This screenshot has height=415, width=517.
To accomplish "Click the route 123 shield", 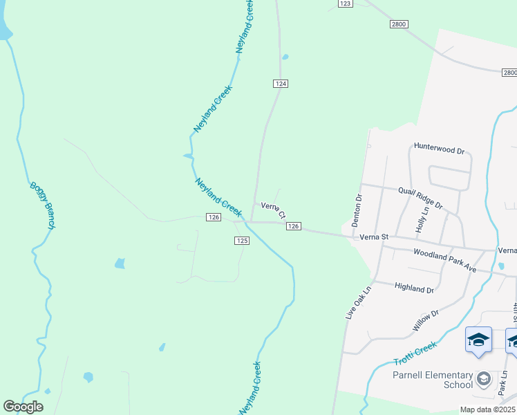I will click(346, 4).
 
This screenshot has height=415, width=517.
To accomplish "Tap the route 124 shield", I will click(280, 83).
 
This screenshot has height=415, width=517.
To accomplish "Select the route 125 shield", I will click(241, 240).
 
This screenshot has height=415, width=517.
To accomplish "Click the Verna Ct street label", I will click(273, 210).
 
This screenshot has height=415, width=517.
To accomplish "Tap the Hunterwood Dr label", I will click(440, 147).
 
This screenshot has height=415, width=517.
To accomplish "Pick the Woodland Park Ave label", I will click(445, 261).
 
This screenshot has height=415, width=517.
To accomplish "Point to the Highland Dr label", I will click(413, 288).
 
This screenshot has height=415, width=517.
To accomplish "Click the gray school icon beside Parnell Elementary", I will click(484, 378).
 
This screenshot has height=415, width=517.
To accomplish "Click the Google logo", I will click(23, 407).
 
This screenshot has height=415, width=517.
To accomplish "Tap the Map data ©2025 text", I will click(488, 409).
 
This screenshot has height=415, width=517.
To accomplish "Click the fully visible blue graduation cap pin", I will click(478, 340).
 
